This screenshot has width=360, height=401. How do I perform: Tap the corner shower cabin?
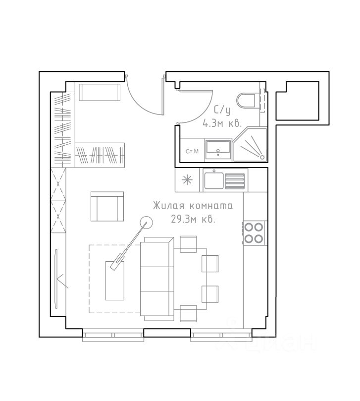click(x=251, y=145)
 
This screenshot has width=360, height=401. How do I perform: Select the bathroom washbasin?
click(x=218, y=150)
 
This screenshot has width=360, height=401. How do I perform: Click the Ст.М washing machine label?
click(x=192, y=151)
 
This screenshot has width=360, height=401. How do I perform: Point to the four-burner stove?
click(x=253, y=233)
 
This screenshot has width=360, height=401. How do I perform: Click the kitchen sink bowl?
click(x=214, y=180)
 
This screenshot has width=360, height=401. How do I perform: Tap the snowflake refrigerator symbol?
click(x=187, y=180)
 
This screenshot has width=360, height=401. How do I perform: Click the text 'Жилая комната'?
click(x=193, y=206)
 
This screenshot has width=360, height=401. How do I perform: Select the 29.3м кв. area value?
click(x=193, y=219)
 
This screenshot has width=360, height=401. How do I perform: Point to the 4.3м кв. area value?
click(x=222, y=123)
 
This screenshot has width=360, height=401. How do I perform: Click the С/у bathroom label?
click(x=222, y=111)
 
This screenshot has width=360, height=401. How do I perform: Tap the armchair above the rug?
click(x=107, y=206)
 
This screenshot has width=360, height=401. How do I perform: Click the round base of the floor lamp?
click(x=146, y=222)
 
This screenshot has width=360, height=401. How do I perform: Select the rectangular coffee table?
click(x=115, y=281)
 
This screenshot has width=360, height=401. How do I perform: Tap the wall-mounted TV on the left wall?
click(x=56, y=279)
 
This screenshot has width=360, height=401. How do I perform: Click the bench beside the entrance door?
click(x=100, y=92)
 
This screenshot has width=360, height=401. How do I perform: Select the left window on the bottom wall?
click(x=113, y=335)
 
